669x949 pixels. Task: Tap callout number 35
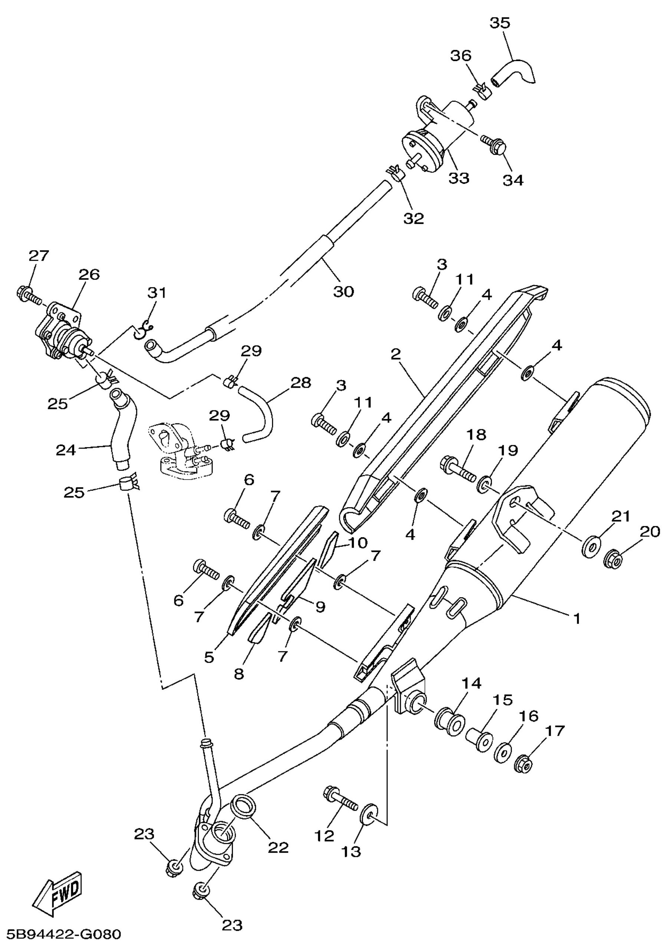[500, 23]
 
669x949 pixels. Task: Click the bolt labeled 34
[493, 144]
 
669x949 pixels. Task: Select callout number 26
[90, 274]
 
